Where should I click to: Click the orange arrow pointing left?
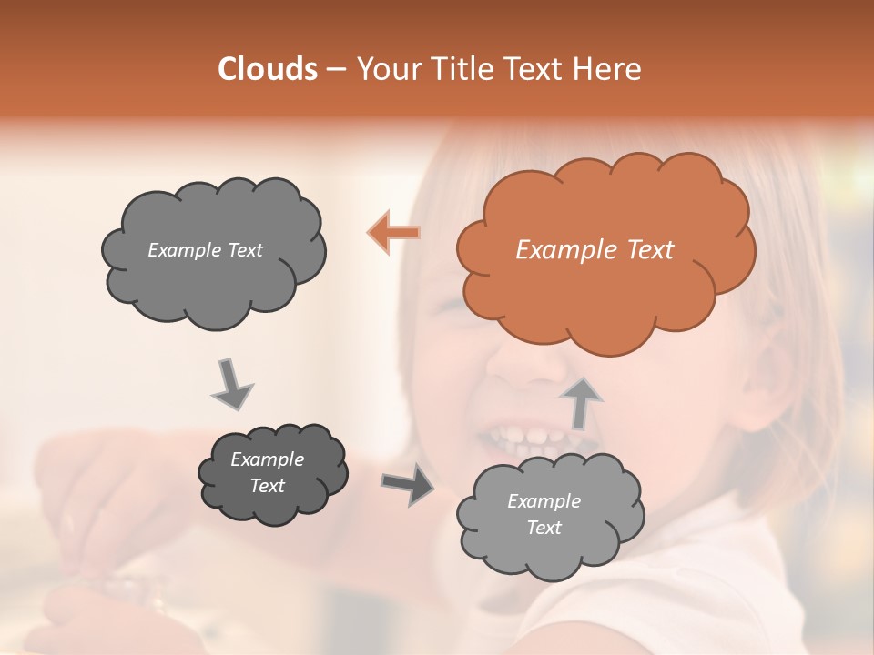[x=394, y=233]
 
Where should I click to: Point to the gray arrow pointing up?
[x=580, y=402]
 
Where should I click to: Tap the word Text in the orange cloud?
[x=650, y=250]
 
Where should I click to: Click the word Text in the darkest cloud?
[x=268, y=486]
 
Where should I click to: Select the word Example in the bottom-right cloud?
[x=544, y=501]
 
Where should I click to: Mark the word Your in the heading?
[x=383, y=69]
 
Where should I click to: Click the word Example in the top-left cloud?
[x=183, y=250]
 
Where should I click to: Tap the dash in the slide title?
[x=336, y=70]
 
